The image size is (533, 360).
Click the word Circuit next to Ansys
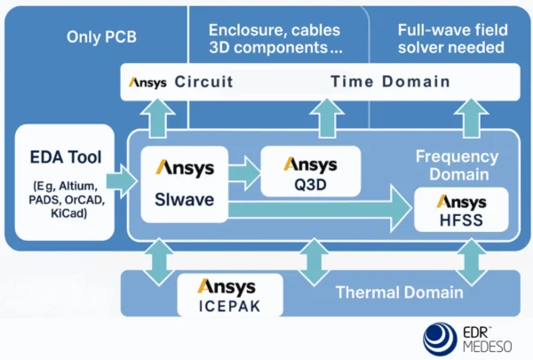point(203,83)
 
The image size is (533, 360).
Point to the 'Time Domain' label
point(389,83)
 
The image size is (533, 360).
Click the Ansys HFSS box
point(460,211)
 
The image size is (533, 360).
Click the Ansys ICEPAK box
point(229,294)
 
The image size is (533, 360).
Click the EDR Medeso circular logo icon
point(439,339)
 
